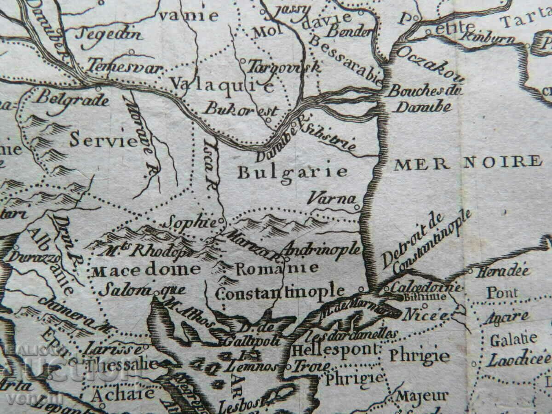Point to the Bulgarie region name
pyautogui.click(x=292, y=172)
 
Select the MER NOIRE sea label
pyautogui.click(x=467, y=162)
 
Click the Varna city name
pyautogui.click(x=331, y=199)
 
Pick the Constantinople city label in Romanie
pyautogui.click(x=280, y=291)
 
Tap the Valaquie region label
pyautogui.click(x=222, y=84)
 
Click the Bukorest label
pyautogui.click(x=241, y=109)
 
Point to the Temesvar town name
pyautogui.click(x=125, y=67)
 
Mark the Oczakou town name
pyautogui.click(x=430, y=64)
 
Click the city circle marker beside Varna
pyautogui.click(x=357, y=207)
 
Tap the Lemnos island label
pyautogui.click(x=251, y=367)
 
